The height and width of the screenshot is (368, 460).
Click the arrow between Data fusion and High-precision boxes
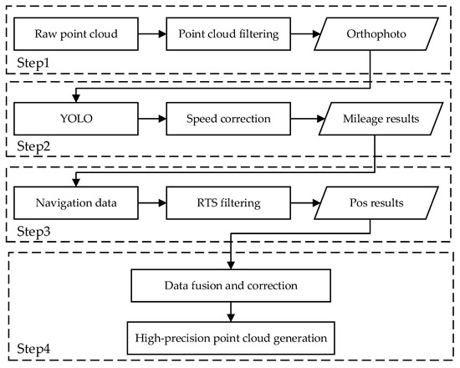[228, 311]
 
